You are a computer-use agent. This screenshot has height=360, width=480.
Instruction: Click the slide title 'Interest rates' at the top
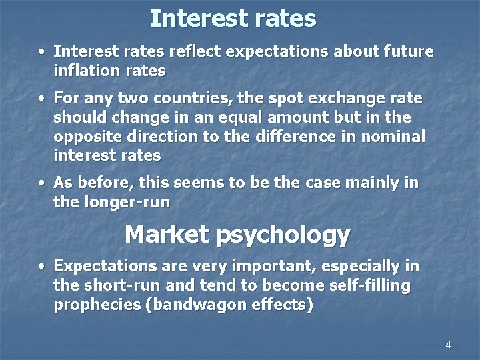(233, 18)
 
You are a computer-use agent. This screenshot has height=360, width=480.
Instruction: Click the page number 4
(448, 345)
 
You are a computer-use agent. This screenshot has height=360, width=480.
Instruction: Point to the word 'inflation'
(85, 70)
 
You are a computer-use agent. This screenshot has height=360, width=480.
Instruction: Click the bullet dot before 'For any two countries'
(42, 99)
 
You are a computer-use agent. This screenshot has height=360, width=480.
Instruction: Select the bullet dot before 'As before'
(42, 183)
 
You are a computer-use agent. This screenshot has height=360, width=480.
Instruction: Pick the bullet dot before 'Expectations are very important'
(42, 267)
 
